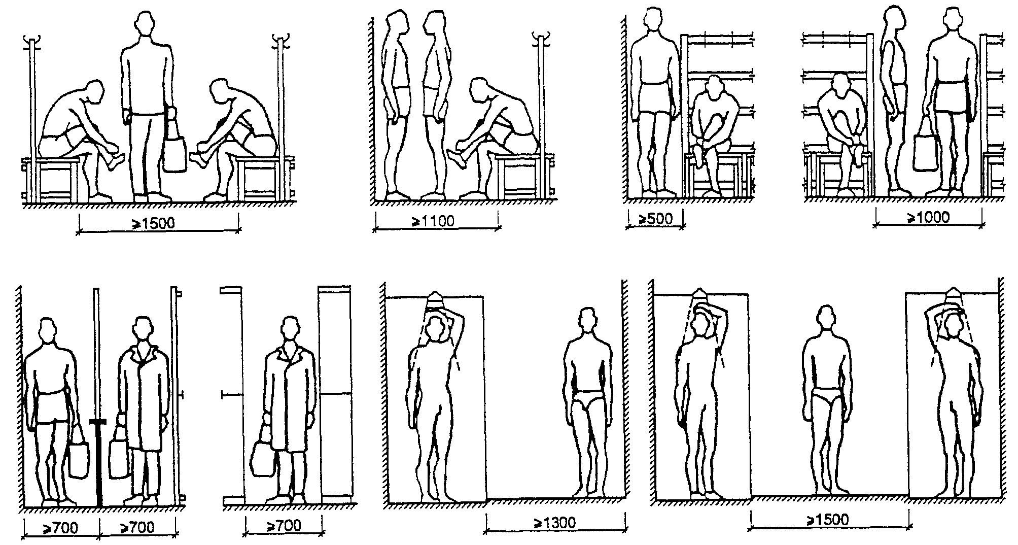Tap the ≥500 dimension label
(x=655, y=219)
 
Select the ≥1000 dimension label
(x=928, y=218)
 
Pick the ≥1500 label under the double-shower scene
(x=827, y=520)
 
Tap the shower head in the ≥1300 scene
(x=435, y=299)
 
